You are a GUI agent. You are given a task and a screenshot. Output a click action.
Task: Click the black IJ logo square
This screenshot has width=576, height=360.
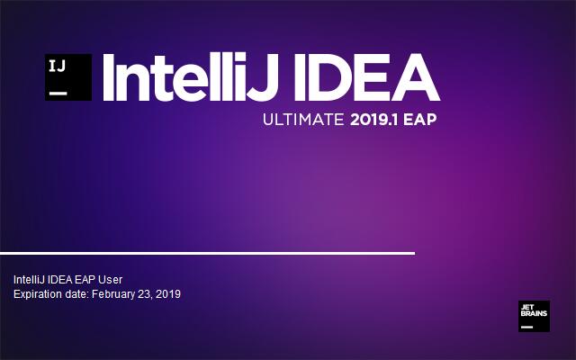67,76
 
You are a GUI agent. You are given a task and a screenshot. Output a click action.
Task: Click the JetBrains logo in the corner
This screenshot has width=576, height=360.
534,316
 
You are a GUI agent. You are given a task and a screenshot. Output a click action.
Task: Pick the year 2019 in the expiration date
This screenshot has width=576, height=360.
168,293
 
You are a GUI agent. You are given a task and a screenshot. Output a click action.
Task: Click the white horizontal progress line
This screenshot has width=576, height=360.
207,253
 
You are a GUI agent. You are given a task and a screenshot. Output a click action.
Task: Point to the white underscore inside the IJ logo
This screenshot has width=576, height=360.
58,91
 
